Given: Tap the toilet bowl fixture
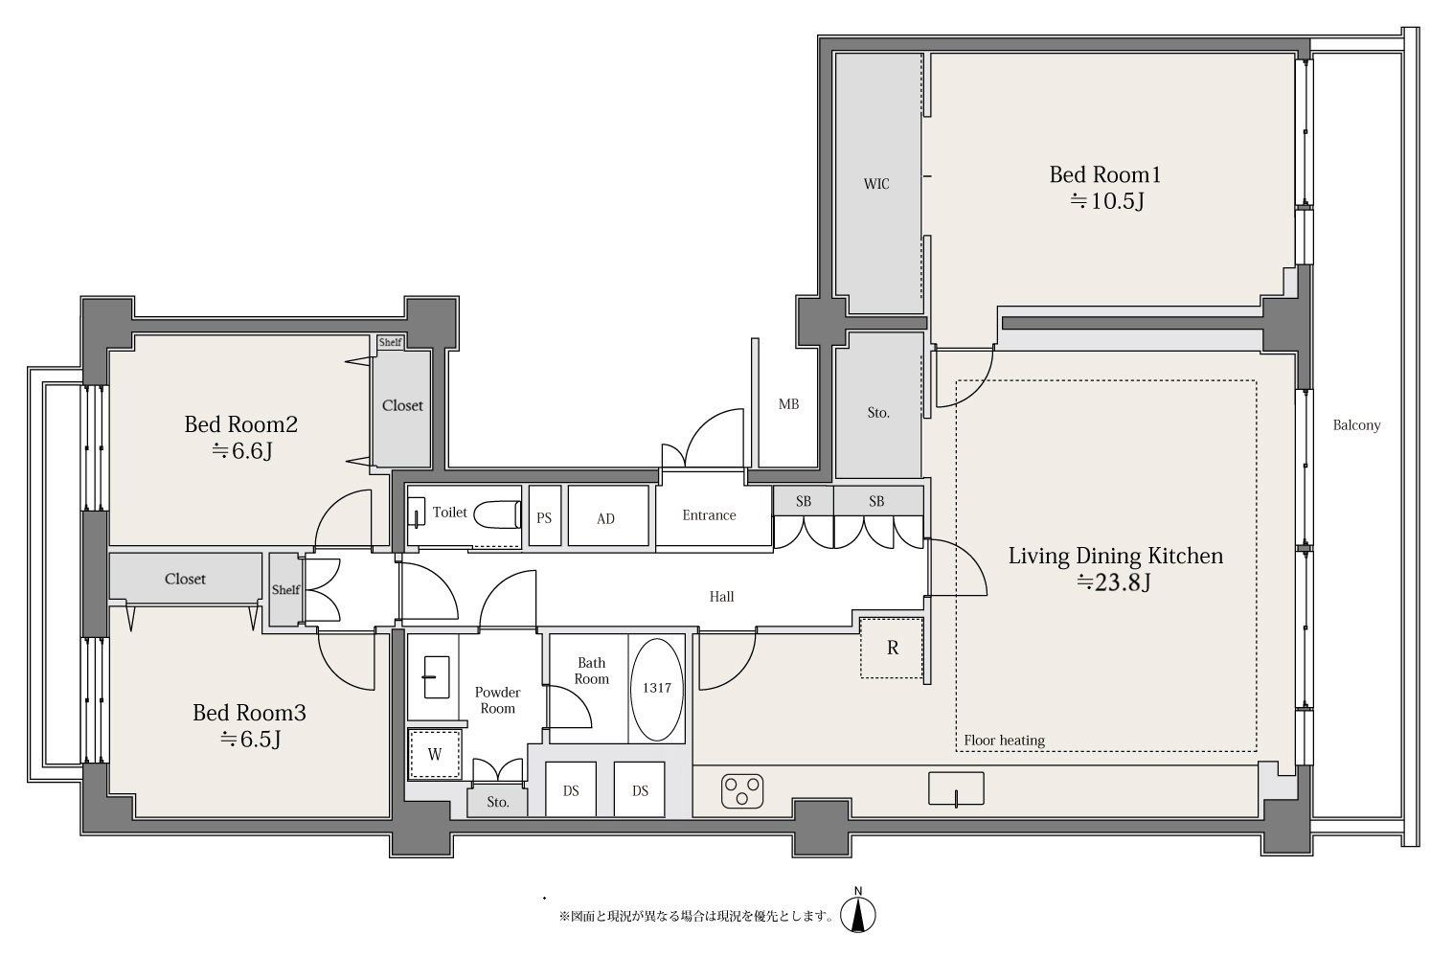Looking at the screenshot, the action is tap(497, 515).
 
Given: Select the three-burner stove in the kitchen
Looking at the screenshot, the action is tap(742, 791).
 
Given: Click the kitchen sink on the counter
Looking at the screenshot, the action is tap(956, 788).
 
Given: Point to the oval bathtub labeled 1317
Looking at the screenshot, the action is tap(656, 690).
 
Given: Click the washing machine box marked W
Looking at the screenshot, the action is tap(435, 754).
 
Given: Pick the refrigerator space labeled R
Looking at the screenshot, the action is tap(892, 648).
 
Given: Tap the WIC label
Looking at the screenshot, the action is tap(876, 184).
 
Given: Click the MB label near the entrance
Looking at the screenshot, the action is tap(789, 404).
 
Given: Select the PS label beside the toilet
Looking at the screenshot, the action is tap(544, 517).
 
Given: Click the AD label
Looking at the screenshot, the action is tap(606, 518).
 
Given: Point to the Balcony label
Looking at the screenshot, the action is tap(1357, 425).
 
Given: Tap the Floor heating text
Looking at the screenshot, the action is tap(1004, 741).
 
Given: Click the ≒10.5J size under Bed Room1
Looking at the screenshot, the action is tap(1107, 201).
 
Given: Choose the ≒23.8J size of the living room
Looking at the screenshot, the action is tap(1114, 582).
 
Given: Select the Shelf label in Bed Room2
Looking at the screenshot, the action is tap(390, 342).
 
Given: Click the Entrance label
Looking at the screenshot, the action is tap(709, 515).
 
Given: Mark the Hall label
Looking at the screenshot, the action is tap(721, 597).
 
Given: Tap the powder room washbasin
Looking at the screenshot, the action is tap(437, 677).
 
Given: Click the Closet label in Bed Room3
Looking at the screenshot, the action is tap(185, 579).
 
